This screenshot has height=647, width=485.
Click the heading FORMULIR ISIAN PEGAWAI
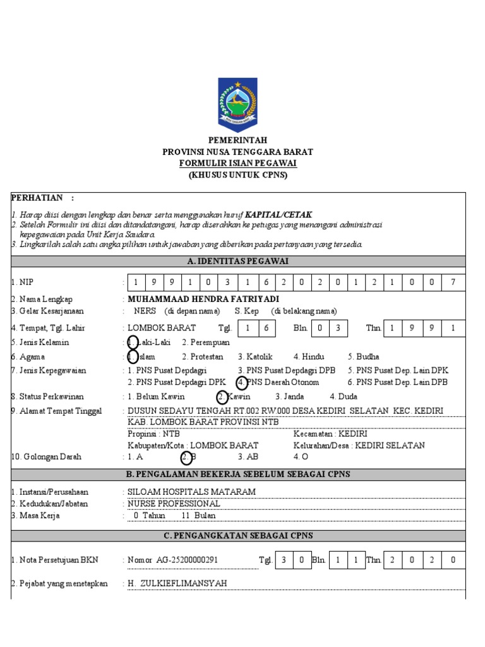coord(237,164)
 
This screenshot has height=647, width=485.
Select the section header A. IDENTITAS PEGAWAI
coord(237,262)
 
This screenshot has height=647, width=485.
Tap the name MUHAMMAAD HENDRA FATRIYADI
coord(203,299)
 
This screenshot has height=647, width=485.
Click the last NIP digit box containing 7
coord(453,282)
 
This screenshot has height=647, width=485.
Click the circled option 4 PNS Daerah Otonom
coord(278,382)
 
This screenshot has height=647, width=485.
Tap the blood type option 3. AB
coord(248,457)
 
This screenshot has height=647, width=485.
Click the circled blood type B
coord(188,457)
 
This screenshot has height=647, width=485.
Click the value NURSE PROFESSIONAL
coord(174,504)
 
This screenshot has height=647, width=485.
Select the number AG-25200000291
coord(189,560)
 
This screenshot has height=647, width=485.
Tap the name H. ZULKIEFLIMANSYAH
coord(177,583)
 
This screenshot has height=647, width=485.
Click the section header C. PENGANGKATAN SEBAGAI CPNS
coord(237,535)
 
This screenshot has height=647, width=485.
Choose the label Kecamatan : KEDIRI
coord(330,434)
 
